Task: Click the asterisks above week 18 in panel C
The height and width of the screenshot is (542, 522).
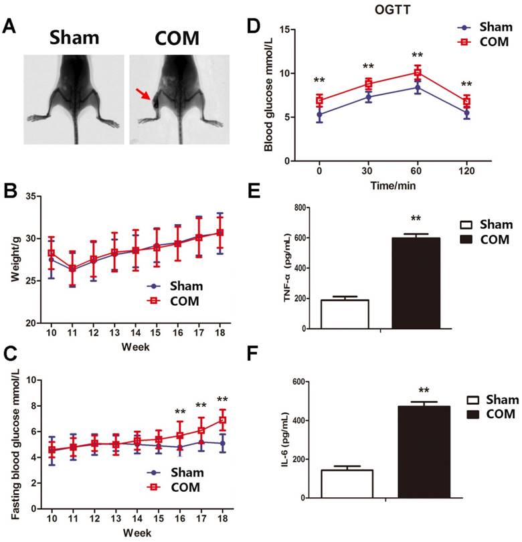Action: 222,401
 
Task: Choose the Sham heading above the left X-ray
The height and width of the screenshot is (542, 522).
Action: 74,38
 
